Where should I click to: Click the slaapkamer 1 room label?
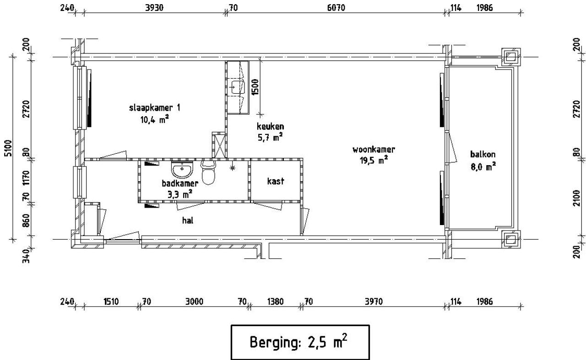click(x=155, y=107)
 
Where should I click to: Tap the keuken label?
click(x=270, y=127)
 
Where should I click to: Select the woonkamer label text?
click(x=374, y=150)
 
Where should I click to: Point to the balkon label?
click(x=483, y=154)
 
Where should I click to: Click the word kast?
click(x=276, y=181)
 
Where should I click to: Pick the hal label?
click(x=188, y=220)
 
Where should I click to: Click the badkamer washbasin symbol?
click(x=182, y=169)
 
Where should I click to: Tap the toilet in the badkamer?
click(x=208, y=172)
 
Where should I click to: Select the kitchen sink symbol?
click(x=238, y=87)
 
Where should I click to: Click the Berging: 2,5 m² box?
click(x=300, y=342)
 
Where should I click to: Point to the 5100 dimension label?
click(x=8, y=148)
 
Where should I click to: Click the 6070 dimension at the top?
click(x=336, y=8)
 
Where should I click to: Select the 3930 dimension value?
click(x=154, y=8)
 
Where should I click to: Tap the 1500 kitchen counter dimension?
click(x=255, y=87)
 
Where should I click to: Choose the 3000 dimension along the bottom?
click(x=194, y=302)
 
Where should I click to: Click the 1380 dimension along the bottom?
click(x=275, y=302)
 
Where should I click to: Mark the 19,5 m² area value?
click(x=374, y=160)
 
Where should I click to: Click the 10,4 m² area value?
click(x=154, y=119)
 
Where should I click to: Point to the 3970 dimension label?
click(x=374, y=302)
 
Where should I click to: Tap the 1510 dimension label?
click(x=111, y=302)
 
